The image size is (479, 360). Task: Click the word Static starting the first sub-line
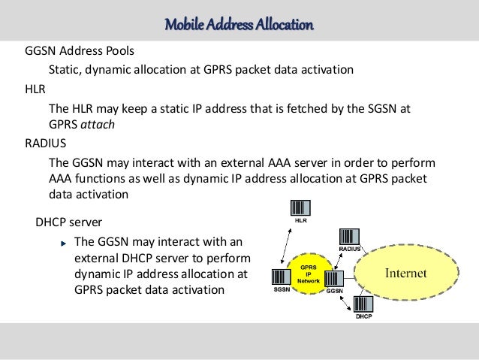pos(65,70)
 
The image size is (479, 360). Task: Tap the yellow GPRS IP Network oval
pos(308,274)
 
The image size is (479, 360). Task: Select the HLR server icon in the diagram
pos(300,209)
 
